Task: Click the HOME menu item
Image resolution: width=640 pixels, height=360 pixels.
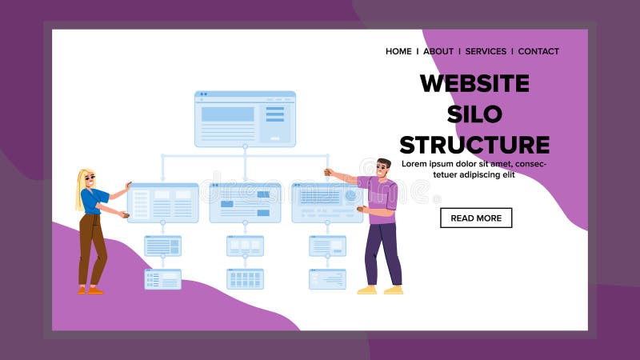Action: [398, 51]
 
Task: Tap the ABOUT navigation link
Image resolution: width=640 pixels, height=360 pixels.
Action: [438, 51]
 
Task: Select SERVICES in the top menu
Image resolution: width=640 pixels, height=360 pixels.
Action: [486, 51]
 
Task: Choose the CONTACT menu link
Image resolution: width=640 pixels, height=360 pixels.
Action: [538, 51]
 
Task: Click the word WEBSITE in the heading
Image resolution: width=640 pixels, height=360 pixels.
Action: [474, 83]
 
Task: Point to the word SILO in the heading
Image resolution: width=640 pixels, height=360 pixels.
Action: [474, 114]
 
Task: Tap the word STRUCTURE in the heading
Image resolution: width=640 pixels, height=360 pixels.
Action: [474, 145]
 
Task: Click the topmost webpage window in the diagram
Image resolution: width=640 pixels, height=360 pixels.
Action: [245, 118]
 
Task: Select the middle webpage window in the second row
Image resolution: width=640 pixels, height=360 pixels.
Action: [245, 202]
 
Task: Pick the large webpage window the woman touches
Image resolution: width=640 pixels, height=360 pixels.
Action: [162, 202]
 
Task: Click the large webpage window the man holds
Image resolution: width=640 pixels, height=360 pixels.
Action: [327, 202]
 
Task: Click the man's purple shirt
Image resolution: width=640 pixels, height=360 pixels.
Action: [379, 196]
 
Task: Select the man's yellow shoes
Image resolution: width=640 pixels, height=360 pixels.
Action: [380, 290]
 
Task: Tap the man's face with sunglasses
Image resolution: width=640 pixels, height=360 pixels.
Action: [383, 169]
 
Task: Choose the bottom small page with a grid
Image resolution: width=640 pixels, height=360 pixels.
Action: [245, 279]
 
